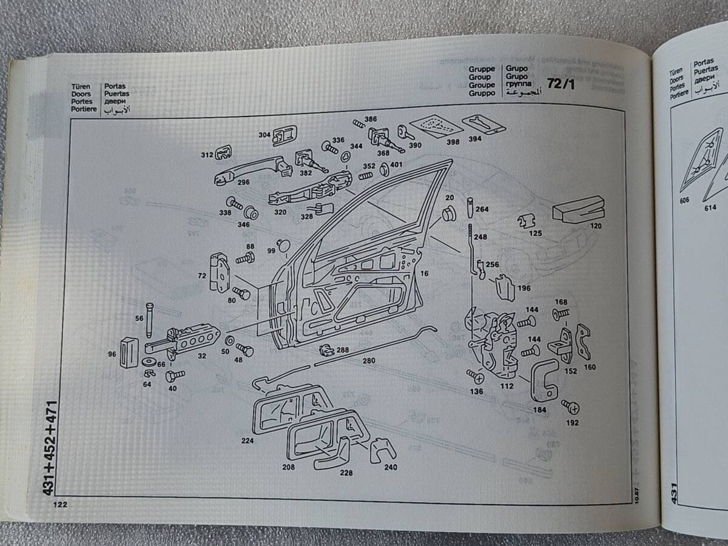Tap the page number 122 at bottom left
[x=60, y=504]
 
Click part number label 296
[x=244, y=181]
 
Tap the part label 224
[x=247, y=441]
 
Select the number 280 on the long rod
[x=369, y=360]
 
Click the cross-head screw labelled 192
[x=570, y=406]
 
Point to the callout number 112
[x=507, y=386]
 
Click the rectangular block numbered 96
[x=129, y=352]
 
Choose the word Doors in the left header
[x=81, y=94]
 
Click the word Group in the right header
[x=479, y=78]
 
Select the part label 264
[x=482, y=210]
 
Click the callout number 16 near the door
[x=423, y=274]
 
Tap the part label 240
[x=390, y=468]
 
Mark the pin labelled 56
[x=149, y=318]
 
